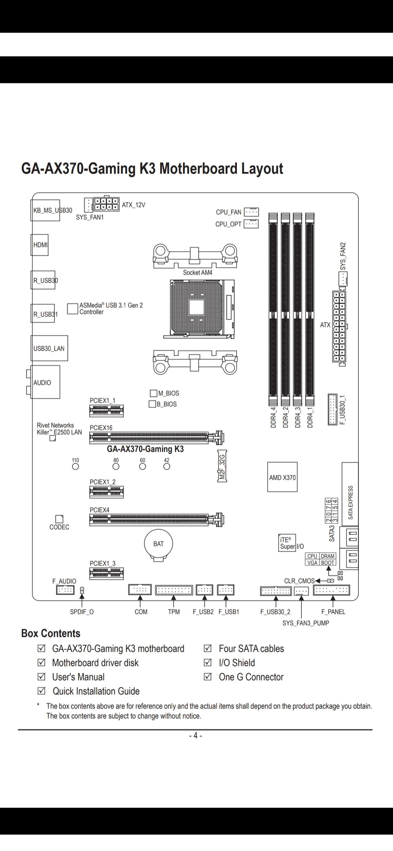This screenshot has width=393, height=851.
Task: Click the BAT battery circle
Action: point(159,544)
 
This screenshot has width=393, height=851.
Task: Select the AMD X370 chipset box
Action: point(282,477)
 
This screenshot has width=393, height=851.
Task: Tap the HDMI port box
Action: point(39,245)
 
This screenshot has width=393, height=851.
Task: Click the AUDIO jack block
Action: point(45,382)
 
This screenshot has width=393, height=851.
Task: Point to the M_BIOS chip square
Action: point(153,393)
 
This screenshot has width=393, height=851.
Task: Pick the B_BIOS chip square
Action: point(152,404)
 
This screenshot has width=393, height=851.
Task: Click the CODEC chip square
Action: point(59,519)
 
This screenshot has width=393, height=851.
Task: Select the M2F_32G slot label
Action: point(222,466)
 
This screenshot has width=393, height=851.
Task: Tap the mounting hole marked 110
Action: point(76,466)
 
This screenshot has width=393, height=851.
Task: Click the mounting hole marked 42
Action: point(167,466)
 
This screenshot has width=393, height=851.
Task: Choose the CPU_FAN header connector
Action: point(251,212)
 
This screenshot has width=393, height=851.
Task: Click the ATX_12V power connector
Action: point(107,204)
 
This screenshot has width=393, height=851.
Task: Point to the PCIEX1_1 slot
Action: point(107,411)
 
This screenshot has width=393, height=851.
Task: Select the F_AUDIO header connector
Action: point(65,590)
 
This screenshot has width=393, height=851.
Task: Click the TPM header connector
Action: point(174,590)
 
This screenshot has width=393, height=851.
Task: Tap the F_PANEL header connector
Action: point(332,590)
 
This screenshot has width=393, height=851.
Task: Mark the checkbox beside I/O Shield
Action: point(207,663)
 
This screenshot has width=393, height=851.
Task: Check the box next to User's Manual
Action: point(41,677)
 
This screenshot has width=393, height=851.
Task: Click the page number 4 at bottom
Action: point(195,736)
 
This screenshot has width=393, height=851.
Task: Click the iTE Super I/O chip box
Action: point(287,543)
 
